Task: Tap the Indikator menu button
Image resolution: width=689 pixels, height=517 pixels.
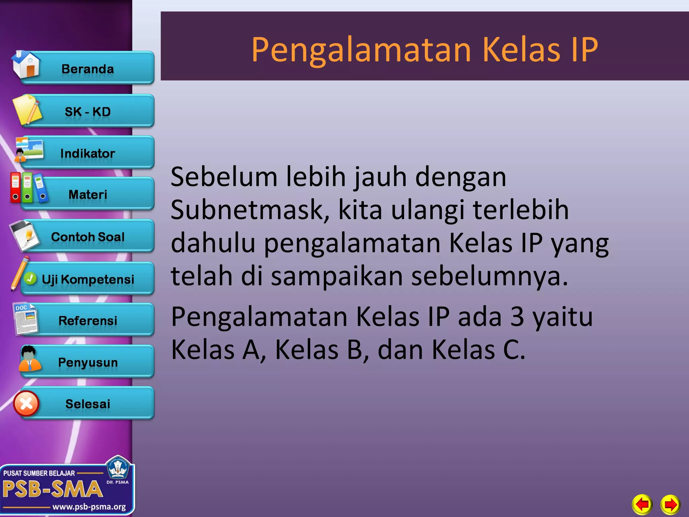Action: (x=87, y=153)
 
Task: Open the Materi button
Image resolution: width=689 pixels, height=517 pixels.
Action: (x=87, y=194)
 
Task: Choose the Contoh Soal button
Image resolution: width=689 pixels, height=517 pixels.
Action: (x=87, y=236)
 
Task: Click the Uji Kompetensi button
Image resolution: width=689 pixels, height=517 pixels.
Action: (x=87, y=279)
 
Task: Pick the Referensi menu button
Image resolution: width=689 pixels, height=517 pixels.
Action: (x=87, y=320)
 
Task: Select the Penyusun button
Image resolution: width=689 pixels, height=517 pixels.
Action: (x=87, y=362)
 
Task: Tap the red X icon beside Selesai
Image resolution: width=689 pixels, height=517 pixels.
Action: (x=26, y=403)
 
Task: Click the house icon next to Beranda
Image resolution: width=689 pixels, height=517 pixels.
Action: (x=26, y=64)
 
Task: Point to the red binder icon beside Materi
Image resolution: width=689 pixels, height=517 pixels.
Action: (x=15, y=187)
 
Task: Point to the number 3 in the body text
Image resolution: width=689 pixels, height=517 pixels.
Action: (x=517, y=317)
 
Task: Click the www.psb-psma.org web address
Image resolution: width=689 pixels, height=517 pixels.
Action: (x=89, y=507)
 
